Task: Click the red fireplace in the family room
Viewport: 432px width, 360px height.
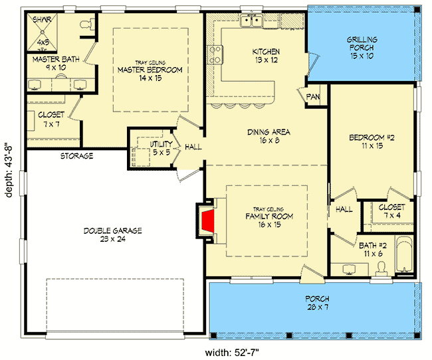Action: click(x=208, y=221)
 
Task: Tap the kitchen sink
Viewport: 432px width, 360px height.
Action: click(x=251, y=21)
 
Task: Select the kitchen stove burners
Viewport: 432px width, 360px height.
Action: click(x=215, y=55)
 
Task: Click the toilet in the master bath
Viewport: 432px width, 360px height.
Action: click(x=87, y=24)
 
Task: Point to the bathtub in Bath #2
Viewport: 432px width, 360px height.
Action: click(x=403, y=255)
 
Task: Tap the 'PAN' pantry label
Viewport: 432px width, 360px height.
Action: click(x=313, y=97)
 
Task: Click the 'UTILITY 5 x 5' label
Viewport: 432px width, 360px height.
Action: click(x=162, y=148)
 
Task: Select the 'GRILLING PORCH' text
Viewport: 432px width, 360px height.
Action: click(x=362, y=44)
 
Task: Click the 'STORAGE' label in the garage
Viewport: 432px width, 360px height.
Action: click(x=77, y=156)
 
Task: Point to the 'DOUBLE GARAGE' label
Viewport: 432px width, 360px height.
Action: click(x=113, y=230)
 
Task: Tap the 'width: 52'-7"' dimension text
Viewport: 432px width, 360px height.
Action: click(x=232, y=353)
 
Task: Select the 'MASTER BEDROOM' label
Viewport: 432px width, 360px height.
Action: click(x=150, y=70)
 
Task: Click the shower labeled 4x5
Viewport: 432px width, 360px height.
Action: click(x=43, y=33)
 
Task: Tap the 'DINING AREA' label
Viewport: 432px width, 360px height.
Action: click(x=269, y=132)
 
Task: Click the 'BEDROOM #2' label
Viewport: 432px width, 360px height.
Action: click(x=372, y=137)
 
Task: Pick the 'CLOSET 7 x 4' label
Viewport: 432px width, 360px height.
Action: click(x=391, y=211)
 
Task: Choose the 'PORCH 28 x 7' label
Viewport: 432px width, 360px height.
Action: click(x=318, y=303)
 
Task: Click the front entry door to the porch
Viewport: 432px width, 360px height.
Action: click(x=312, y=274)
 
